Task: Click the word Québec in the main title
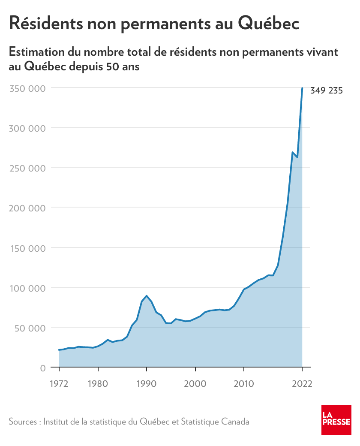[x=268, y=23]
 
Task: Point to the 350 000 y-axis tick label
[x=27, y=88]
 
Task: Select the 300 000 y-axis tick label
[x=27, y=128]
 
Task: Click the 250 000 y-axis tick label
[x=27, y=168]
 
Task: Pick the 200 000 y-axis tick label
[x=27, y=208]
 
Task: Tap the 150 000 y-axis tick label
[x=27, y=248]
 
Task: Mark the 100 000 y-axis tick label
[x=27, y=288]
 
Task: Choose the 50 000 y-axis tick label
[x=29, y=328]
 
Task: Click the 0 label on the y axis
[x=42, y=368]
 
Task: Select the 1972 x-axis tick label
[x=59, y=383]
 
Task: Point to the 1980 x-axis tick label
[x=98, y=383]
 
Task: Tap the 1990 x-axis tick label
[x=147, y=383]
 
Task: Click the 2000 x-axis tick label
[x=195, y=383]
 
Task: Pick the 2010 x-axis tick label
[x=244, y=383]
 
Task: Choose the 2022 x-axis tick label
[x=302, y=383]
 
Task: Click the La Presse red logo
[x=336, y=419]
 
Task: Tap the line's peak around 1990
[x=147, y=296]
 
